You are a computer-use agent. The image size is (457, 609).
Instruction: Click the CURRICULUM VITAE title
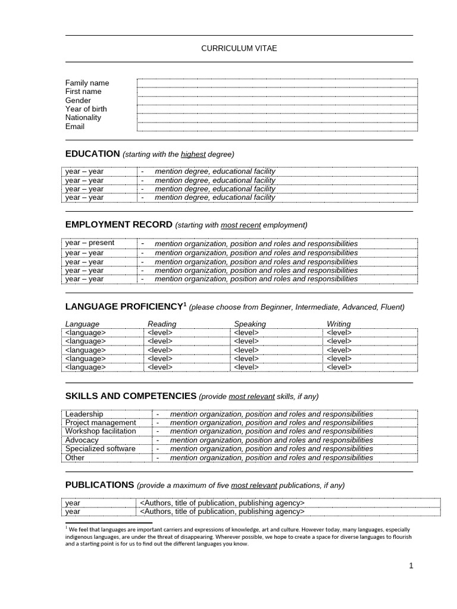click(x=239, y=48)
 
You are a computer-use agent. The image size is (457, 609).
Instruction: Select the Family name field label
click(x=87, y=83)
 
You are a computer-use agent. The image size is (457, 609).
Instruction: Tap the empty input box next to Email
click(x=277, y=127)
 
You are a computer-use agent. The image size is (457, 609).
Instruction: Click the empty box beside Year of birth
click(x=277, y=109)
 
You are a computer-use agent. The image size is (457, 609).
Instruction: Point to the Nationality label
click(x=83, y=118)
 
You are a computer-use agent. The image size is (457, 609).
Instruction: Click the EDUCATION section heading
click(x=92, y=153)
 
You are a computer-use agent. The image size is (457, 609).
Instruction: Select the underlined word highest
click(x=193, y=154)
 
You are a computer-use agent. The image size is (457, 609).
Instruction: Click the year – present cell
click(x=90, y=243)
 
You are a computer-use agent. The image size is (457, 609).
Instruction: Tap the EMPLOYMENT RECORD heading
click(x=118, y=224)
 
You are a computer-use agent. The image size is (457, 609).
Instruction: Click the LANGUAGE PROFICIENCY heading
click(x=123, y=306)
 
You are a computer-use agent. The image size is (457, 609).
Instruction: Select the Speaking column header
click(x=250, y=324)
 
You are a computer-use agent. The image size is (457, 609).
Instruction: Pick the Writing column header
click(x=339, y=324)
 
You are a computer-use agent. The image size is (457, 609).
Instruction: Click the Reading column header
click(x=162, y=324)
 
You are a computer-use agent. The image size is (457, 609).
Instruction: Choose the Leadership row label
click(x=84, y=414)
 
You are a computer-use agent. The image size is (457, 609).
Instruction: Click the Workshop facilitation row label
click(x=101, y=431)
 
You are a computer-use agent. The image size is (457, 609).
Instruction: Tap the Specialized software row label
click(x=100, y=448)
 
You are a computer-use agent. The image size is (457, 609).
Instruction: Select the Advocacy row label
click(x=82, y=440)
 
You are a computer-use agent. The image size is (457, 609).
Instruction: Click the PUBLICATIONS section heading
click(x=99, y=485)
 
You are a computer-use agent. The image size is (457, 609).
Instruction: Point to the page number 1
click(x=411, y=566)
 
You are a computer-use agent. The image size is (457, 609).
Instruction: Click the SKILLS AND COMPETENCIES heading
click(x=130, y=395)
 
